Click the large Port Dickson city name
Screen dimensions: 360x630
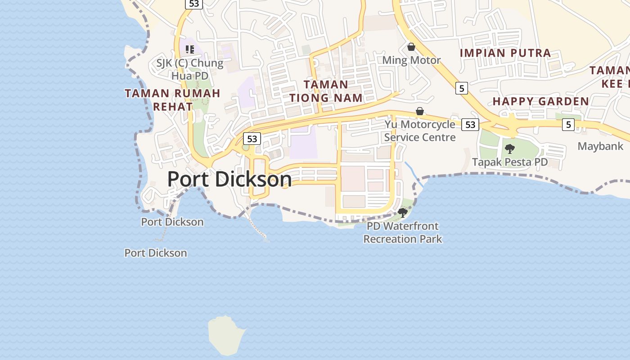tap(229, 180)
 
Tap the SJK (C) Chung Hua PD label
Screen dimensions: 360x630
tap(190, 69)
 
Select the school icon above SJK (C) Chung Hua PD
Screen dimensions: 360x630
tap(190, 49)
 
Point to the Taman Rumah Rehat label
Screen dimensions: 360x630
tap(173, 99)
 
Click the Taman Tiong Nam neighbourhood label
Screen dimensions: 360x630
tap(326, 91)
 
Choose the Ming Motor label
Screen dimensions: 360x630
tap(411, 60)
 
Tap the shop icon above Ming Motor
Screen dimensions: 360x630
tap(411, 47)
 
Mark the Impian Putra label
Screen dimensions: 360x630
tap(505, 53)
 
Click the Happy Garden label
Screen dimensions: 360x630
tap(541, 101)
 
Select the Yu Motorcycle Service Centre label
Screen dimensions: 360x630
tap(420, 130)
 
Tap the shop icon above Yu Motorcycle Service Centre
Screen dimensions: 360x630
tap(420, 111)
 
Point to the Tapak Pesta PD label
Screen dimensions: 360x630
tap(510, 162)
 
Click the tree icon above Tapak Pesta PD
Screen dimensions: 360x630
tap(510, 148)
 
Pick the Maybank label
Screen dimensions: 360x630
tap(600, 146)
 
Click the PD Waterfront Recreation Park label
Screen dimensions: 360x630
tap(403, 232)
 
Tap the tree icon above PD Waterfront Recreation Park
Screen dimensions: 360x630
tap(403, 212)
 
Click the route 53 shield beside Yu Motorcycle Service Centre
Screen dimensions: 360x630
tap(470, 125)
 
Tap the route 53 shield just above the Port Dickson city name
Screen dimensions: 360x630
tap(252, 139)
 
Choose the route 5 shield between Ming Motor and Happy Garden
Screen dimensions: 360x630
tap(461, 88)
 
